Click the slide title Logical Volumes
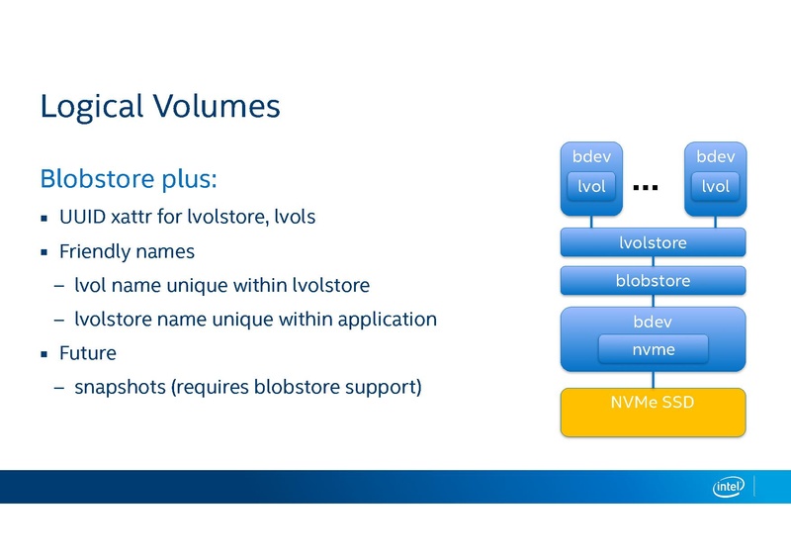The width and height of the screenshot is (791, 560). [159, 107]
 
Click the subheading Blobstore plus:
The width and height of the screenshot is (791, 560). [128, 180]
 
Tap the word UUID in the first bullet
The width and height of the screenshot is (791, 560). [81, 216]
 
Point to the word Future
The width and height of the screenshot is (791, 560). [87, 353]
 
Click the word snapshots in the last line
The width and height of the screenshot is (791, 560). [120, 387]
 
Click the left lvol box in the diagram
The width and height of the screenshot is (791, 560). [591, 186]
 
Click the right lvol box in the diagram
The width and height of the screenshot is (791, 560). [715, 186]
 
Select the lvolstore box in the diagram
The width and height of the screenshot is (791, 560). [653, 242]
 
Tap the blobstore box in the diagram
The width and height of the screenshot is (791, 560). [653, 281]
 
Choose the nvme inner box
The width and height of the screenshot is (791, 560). [653, 349]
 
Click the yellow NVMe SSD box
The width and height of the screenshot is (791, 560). [653, 413]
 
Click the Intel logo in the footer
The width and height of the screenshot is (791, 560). [729, 486]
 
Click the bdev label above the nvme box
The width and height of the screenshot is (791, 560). [653, 322]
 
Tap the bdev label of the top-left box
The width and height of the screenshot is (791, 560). [591, 156]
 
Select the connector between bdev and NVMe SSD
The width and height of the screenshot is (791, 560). [653, 380]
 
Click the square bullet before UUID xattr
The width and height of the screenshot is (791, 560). [44, 217]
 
